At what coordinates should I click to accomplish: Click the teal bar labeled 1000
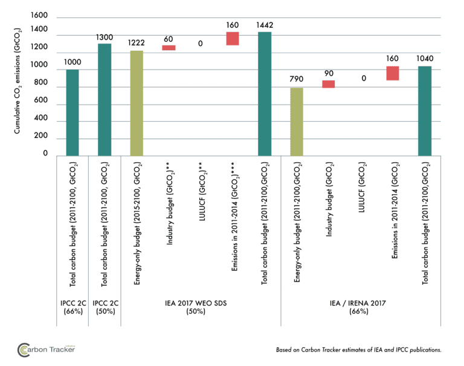pyautogui.click(x=72, y=113)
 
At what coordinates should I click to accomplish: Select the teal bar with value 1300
pyautogui.click(x=105, y=100)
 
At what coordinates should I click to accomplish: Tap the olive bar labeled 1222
pyautogui.click(x=137, y=103)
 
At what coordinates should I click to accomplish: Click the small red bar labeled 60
pyautogui.click(x=169, y=48)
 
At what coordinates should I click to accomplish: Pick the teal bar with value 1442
pyautogui.click(x=265, y=94)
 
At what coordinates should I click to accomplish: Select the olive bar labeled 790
pyautogui.click(x=296, y=122)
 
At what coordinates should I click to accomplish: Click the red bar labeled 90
pyautogui.click(x=328, y=84)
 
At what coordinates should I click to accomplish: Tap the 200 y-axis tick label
pyautogui.click(x=42, y=137)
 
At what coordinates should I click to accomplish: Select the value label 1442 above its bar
pyautogui.click(x=265, y=24)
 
